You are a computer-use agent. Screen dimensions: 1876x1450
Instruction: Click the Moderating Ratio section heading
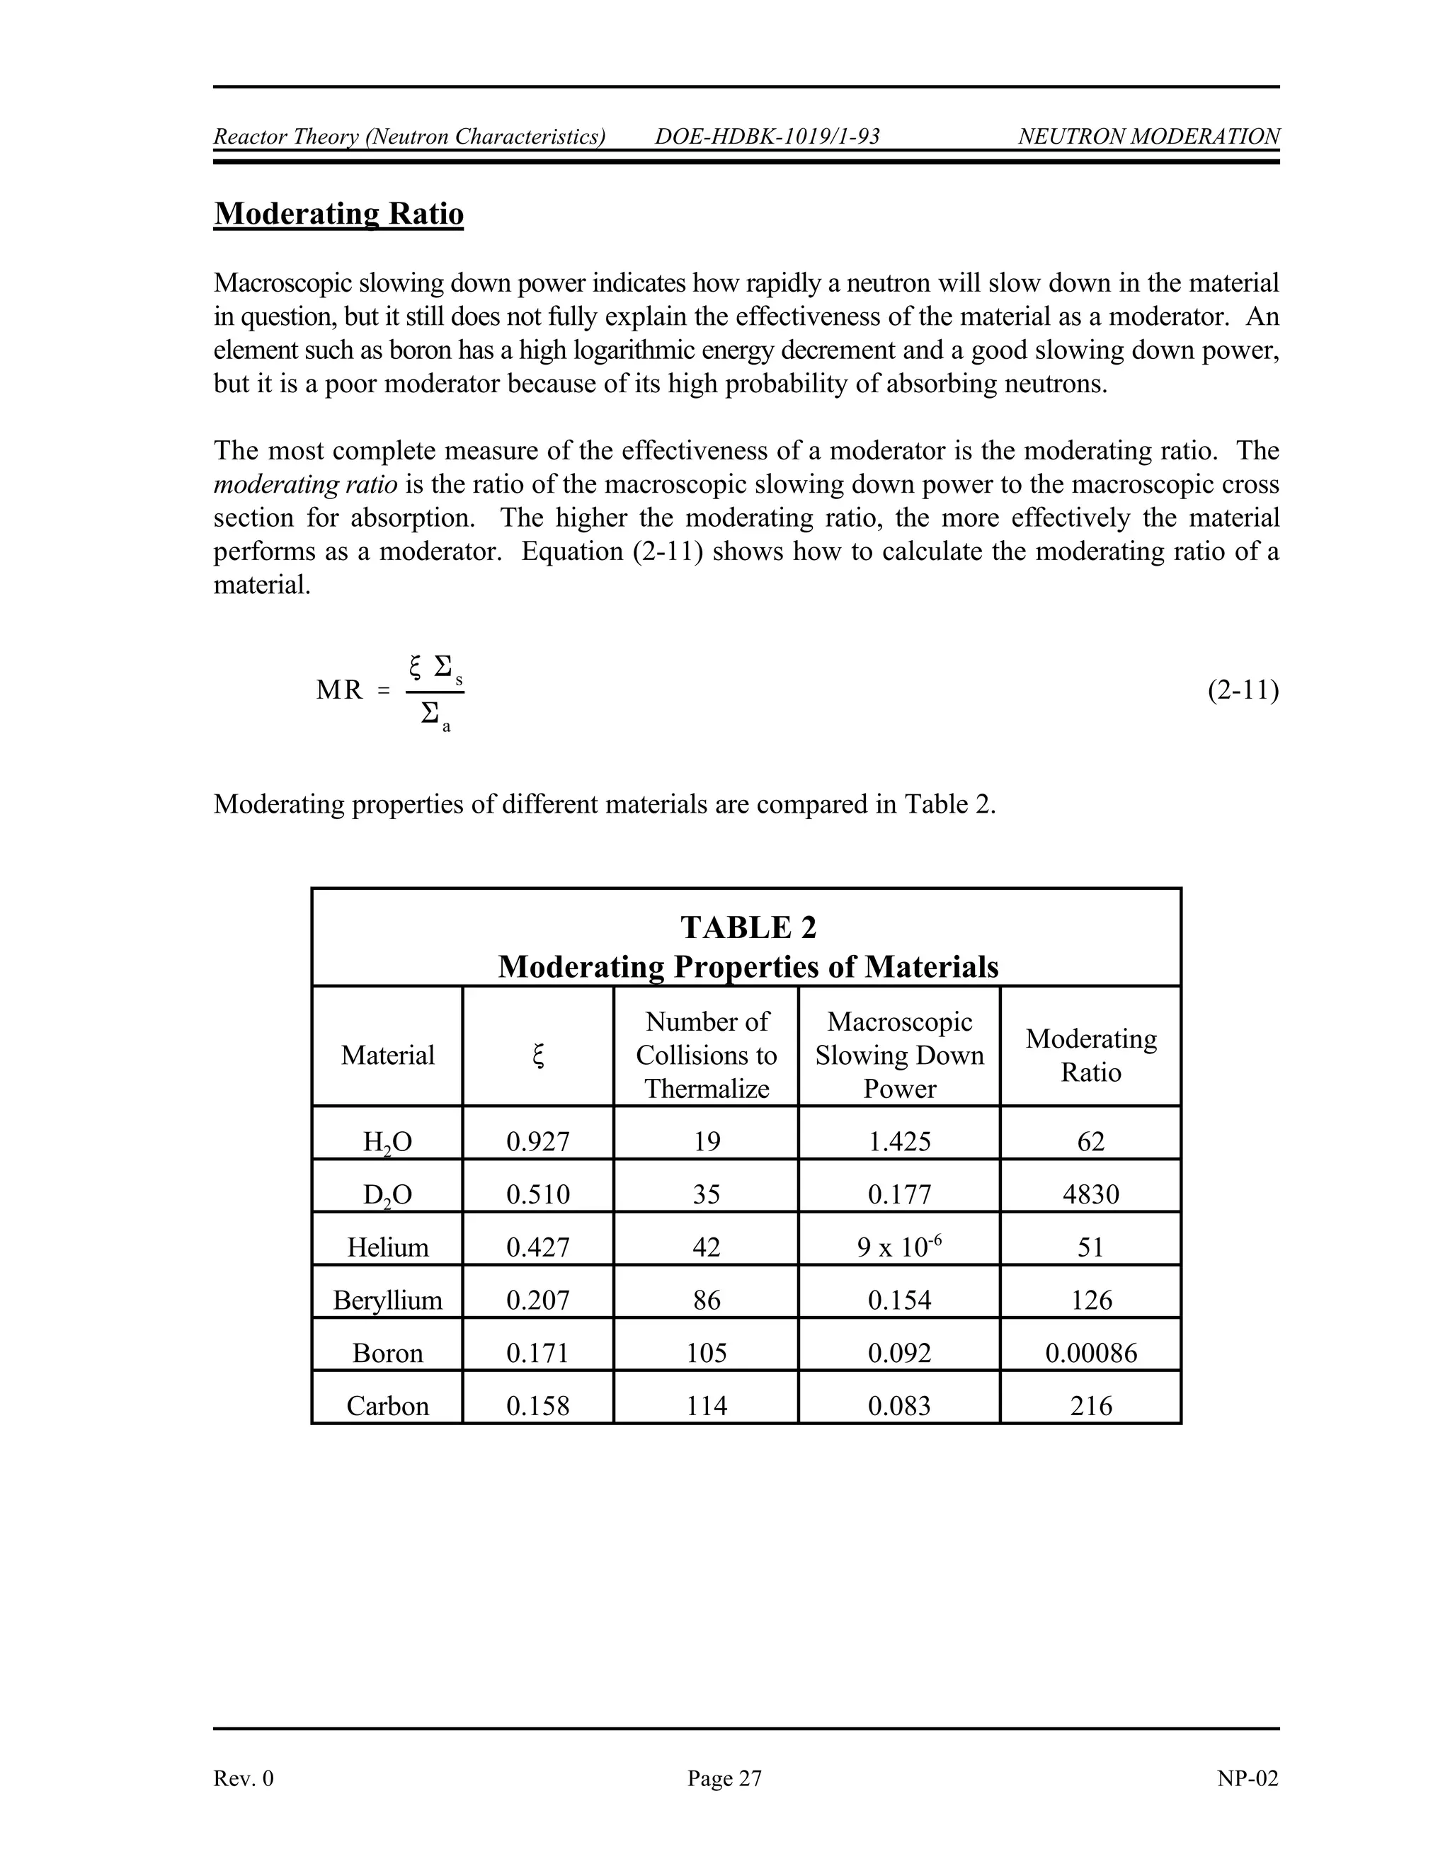point(338,214)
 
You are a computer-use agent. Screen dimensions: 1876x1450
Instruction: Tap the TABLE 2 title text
point(748,927)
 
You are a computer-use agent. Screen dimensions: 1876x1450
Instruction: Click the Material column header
point(387,1055)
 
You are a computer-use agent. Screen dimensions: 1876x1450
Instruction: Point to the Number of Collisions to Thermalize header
point(706,1055)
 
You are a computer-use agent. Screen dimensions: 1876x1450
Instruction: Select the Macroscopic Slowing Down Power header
point(899,1055)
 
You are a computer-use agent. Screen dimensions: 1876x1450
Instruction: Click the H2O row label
point(387,1143)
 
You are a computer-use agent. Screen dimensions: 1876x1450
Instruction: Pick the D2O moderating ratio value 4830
point(1090,1195)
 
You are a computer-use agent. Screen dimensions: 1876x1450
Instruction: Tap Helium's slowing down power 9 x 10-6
point(899,1247)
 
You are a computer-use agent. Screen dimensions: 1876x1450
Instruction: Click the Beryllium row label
point(387,1300)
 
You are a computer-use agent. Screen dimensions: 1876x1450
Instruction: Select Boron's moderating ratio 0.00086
point(1090,1354)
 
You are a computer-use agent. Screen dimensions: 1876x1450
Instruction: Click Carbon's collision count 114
point(706,1406)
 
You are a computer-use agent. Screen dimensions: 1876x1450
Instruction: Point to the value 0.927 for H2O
point(538,1142)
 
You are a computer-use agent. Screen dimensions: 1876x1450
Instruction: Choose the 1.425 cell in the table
point(899,1142)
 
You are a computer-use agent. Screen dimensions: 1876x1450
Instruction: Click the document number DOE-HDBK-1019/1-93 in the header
point(767,137)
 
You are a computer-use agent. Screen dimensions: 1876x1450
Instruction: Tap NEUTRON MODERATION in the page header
point(1148,137)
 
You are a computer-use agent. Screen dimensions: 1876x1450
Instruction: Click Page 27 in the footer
point(724,1778)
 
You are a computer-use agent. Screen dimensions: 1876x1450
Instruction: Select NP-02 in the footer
point(1248,1778)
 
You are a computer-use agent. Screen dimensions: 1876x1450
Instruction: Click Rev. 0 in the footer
point(244,1778)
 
